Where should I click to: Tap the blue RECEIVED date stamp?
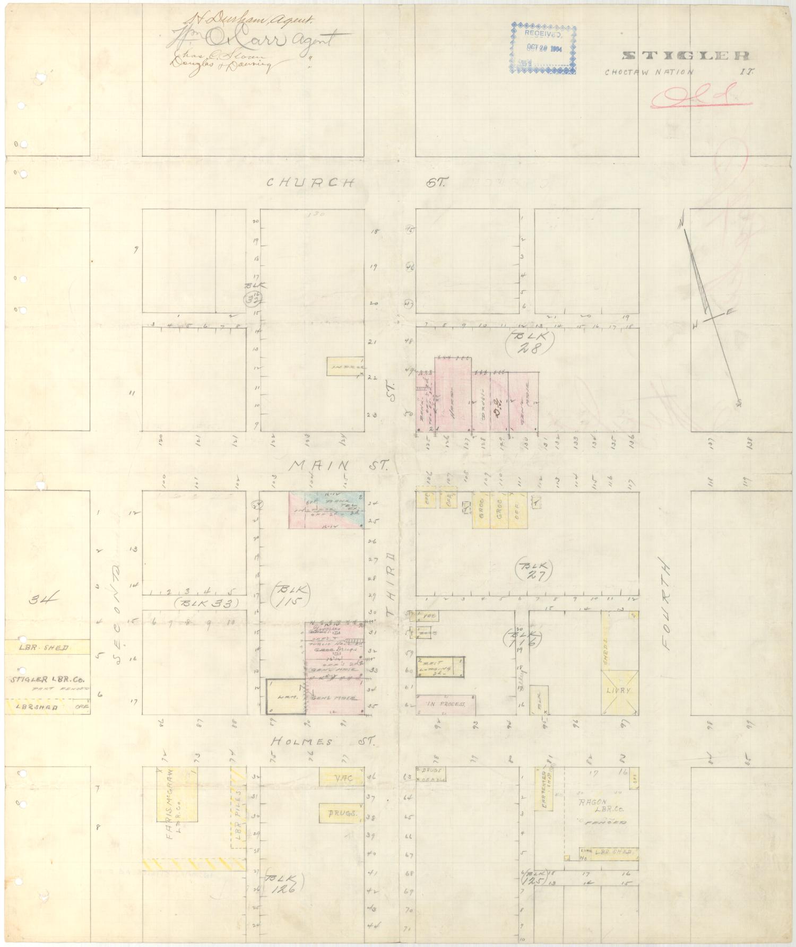tap(543, 48)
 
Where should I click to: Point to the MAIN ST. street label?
tap(340, 466)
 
